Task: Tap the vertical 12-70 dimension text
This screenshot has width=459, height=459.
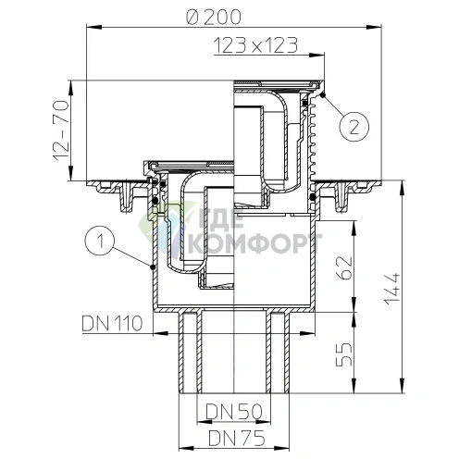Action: click(x=62, y=130)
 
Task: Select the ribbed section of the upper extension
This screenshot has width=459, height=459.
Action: click(x=317, y=139)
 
